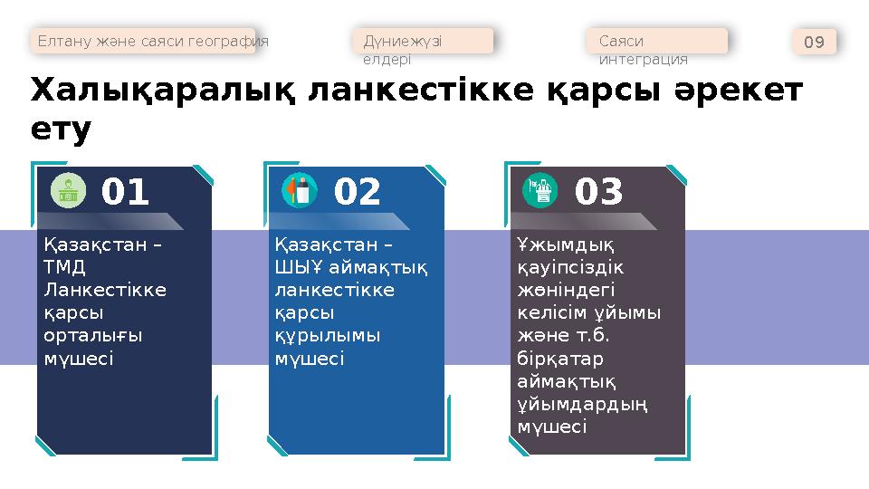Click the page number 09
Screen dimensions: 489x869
pos(814,42)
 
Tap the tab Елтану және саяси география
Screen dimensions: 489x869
pos(151,42)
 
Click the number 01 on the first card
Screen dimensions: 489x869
pos(125,192)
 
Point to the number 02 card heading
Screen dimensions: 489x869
pos(358,192)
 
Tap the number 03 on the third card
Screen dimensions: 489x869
pos(599,192)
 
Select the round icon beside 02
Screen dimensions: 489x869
pos(300,190)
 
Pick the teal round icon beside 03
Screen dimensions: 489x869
pos(541,190)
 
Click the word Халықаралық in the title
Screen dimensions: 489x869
pos(162,92)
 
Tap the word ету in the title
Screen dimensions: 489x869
pos(61,131)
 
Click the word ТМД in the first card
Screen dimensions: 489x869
pos(64,267)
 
